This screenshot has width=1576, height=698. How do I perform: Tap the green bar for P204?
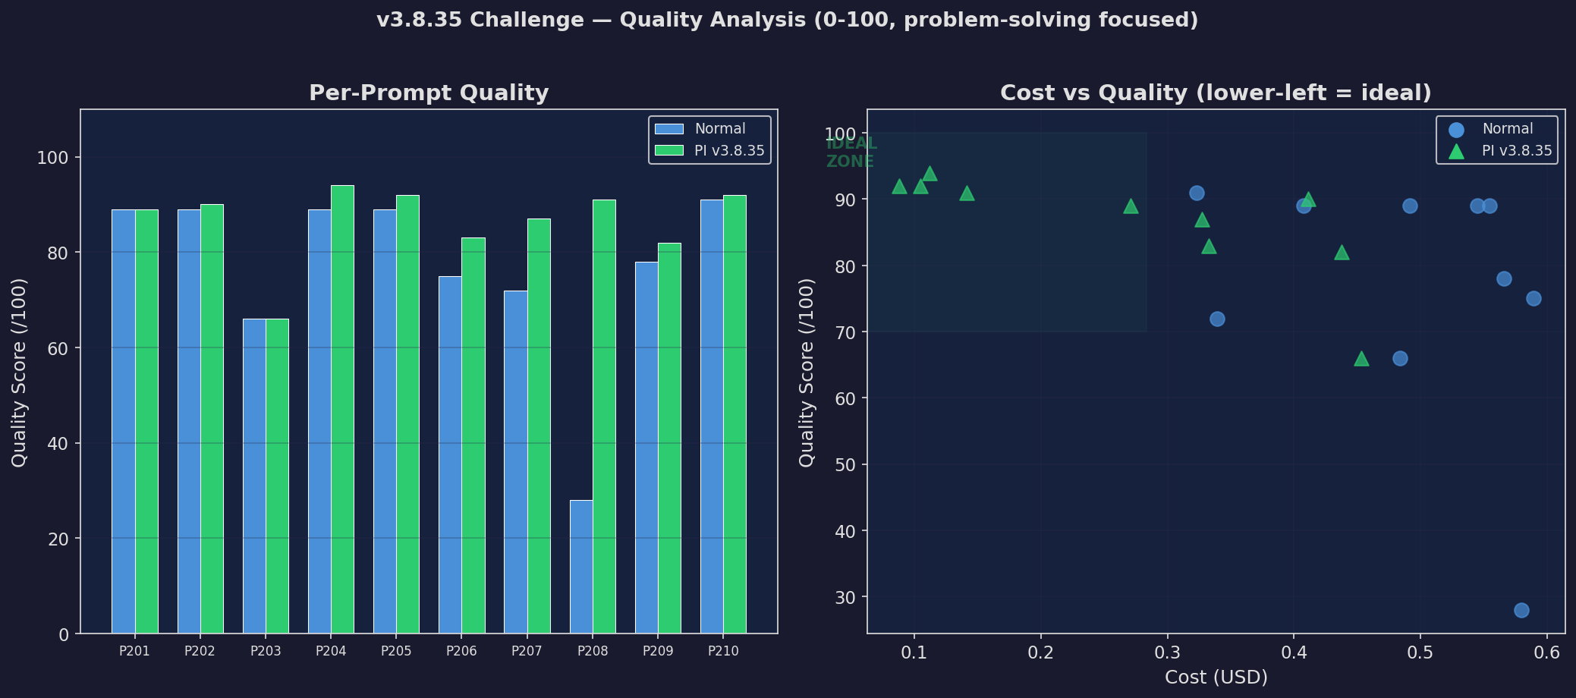click(x=342, y=409)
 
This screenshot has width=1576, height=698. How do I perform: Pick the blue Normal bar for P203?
click(x=254, y=476)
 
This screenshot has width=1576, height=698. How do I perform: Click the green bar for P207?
click(x=539, y=426)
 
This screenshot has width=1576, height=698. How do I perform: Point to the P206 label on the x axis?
click(x=461, y=652)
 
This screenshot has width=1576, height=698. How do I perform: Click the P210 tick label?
click(x=723, y=652)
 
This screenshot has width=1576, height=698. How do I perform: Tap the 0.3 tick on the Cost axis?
click(x=1167, y=652)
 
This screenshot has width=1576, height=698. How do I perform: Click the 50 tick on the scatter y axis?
click(x=847, y=465)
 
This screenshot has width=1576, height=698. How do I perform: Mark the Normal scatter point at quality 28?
click(x=1521, y=610)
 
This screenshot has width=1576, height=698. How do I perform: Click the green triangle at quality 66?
click(x=1361, y=359)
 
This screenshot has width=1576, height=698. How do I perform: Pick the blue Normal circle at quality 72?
click(x=1217, y=319)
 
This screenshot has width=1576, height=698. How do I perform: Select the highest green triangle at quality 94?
click(x=930, y=174)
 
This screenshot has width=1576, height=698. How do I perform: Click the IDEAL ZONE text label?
click(x=851, y=152)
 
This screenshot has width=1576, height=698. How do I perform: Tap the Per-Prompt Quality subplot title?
click(x=429, y=93)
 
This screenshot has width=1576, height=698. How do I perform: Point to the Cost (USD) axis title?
click(x=1216, y=678)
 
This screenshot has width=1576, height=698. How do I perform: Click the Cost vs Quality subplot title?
click(x=1216, y=93)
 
